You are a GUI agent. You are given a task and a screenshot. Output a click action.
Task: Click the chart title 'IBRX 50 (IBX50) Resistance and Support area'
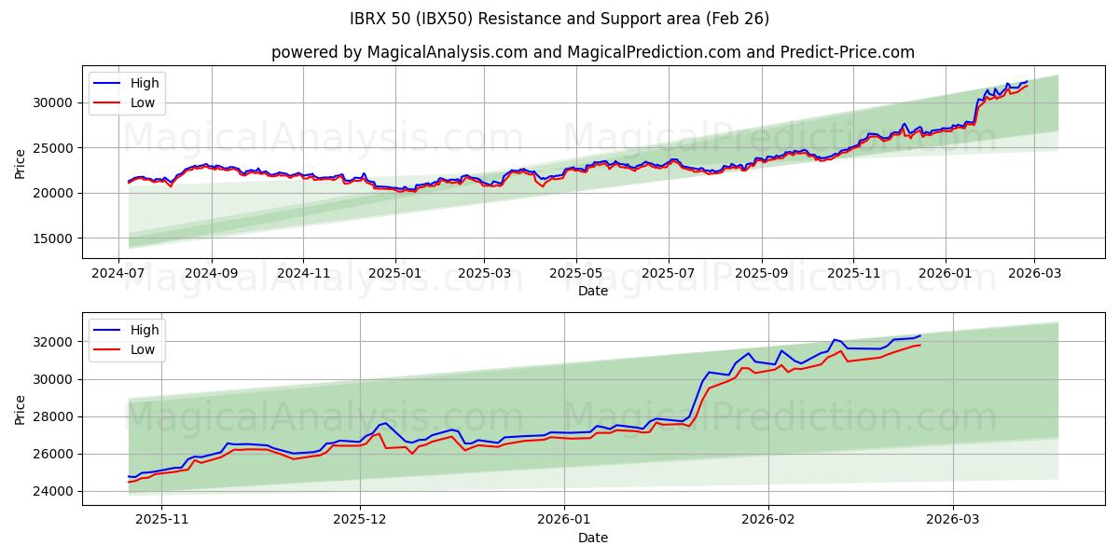(x=559, y=19)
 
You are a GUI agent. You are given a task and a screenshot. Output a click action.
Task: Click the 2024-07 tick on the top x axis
(x=119, y=274)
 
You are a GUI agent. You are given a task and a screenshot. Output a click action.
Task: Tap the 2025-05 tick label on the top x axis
(x=575, y=274)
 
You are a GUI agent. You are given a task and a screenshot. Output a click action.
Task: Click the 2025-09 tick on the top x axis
(x=761, y=274)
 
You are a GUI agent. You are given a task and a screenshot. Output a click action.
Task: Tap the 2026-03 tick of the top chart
(x=1034, y=274)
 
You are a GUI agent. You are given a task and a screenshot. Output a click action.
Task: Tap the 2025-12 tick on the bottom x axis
(x=360, y=521)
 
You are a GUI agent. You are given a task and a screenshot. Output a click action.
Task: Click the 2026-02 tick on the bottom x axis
(x=768, y=521)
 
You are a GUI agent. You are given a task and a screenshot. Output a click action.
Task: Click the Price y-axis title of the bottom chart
(x=21, y=409)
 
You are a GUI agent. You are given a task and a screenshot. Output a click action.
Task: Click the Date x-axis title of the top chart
(x=593, y=291)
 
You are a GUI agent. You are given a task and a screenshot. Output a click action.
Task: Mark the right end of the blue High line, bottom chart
(x=920, y=335)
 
